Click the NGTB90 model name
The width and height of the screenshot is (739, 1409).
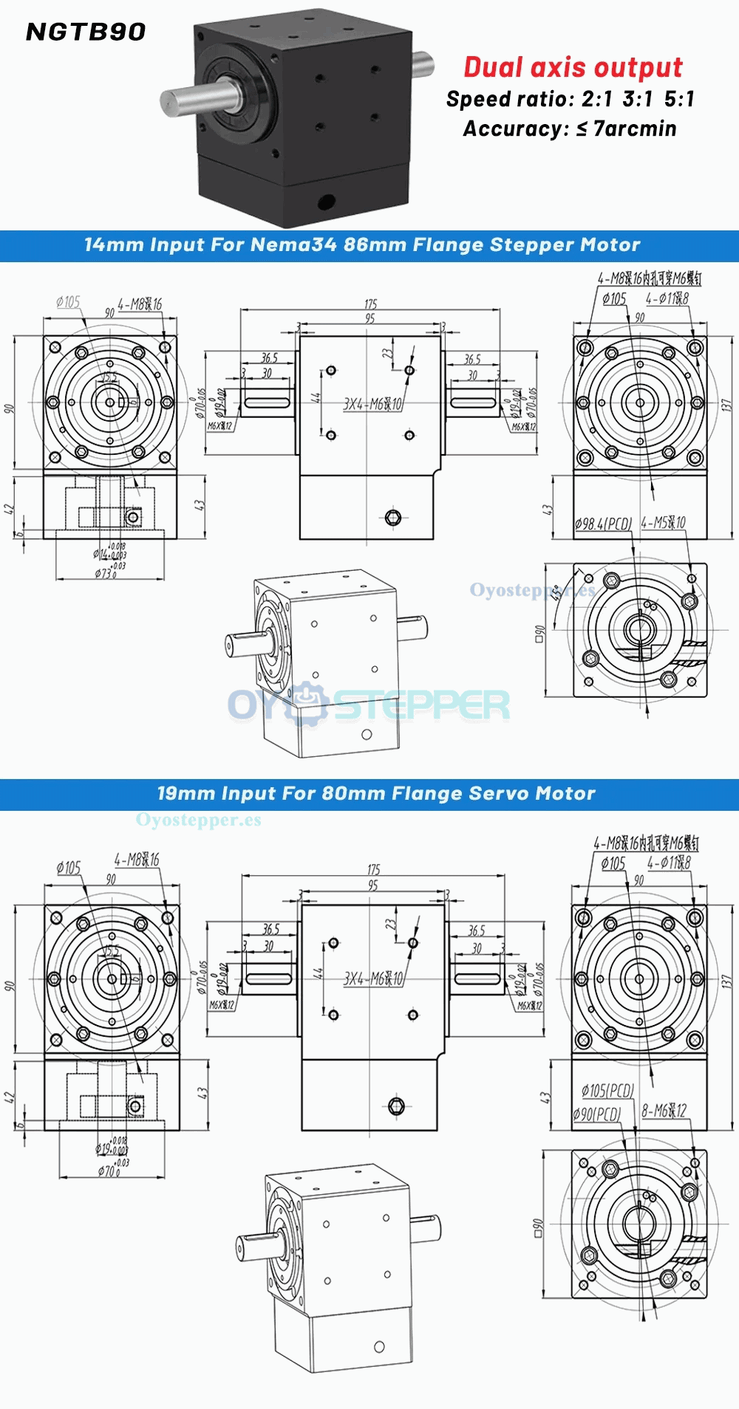click(86, 32)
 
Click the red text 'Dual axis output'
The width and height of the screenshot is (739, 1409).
click(573, 67)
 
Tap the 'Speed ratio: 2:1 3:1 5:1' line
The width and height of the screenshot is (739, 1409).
click(570, 99)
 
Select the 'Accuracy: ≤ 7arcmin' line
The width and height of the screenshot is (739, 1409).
click(570, 128)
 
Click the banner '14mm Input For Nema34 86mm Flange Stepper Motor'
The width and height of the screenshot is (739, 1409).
click(362, 245)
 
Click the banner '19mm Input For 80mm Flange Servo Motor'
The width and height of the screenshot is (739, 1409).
click(375, 794)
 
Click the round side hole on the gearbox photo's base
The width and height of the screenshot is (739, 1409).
click(325, 200)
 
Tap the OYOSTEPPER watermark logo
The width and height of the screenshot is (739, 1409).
click(368, 704)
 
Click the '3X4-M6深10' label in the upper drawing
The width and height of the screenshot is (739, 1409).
click(373, 404)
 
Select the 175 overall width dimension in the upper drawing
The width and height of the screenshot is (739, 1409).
click(370, 304)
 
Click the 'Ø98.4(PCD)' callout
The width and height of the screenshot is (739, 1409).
click(603, 524)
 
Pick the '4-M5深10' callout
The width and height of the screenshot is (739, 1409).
click(664, 523)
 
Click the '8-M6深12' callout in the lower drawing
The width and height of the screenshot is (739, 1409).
click(664, 1111)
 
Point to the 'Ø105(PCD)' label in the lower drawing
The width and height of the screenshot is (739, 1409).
click(607, 1090)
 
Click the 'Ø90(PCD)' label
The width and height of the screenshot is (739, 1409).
click(596, 1114)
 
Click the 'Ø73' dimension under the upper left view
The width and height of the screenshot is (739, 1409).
click(105, 573)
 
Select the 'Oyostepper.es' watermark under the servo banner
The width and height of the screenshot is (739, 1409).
click(198, 820)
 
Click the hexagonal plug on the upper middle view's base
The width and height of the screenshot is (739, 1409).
click(393, 518)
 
